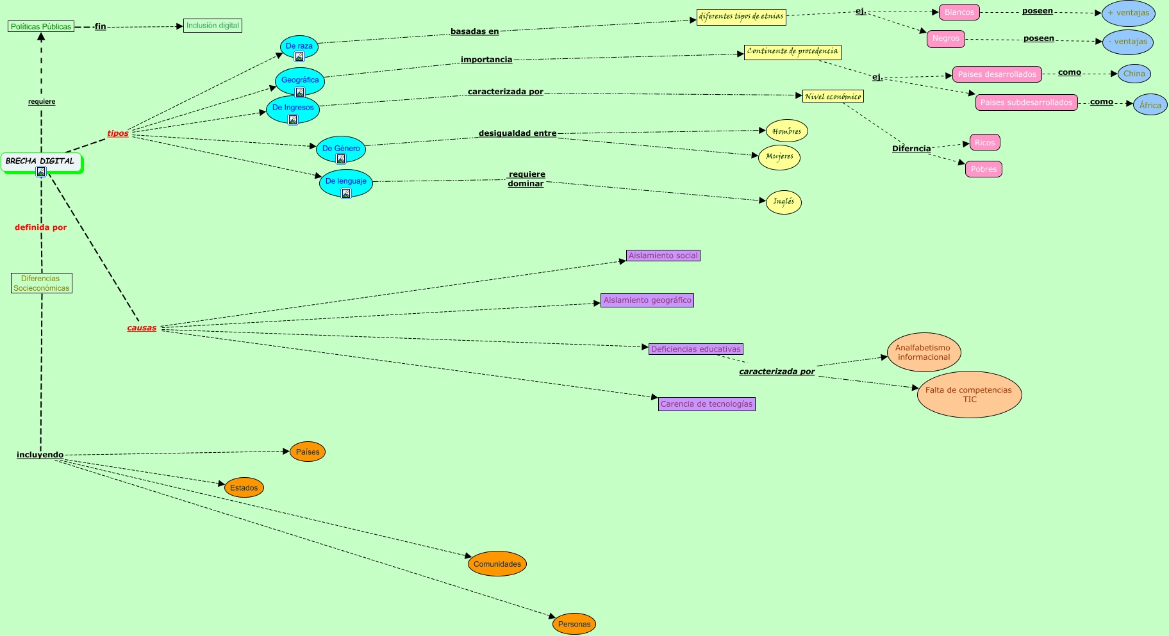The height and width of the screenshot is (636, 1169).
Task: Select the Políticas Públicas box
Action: (x=41, y=26)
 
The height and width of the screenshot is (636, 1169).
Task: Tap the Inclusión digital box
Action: (x=212, y=26)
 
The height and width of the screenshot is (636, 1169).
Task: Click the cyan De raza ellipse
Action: (x=299, y=46)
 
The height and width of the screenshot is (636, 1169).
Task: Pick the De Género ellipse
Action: (x=341, y=148)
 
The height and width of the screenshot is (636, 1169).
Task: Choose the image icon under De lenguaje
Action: (x=346, y=193)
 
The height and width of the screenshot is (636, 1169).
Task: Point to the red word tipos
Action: (x=118, y=133)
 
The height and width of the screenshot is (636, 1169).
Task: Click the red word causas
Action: (x=142, y=328)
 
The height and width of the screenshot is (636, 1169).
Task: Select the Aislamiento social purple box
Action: (x=663, y=256)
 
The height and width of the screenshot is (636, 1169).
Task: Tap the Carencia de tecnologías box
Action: (x=706, y=404)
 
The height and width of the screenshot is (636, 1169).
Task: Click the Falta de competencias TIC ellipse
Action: (x=969, y=395)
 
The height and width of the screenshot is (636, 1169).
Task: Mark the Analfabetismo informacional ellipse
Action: (x=924, y=352)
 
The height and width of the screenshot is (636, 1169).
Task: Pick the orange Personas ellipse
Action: (x=574, y=624)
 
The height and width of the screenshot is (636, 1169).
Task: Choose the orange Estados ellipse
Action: (x=244, y=487)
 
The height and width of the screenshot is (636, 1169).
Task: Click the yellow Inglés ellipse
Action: (x=783, y=202)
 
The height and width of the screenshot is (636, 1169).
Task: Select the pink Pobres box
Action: (x=983, y=169)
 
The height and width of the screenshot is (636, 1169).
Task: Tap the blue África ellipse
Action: (x=1150, y=105)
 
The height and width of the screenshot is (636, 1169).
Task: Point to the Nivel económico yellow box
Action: (x=833, y=96)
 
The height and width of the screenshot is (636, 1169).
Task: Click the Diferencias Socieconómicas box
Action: (x=42, y=283)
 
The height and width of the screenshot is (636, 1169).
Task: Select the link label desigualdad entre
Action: (x=517, y=133)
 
